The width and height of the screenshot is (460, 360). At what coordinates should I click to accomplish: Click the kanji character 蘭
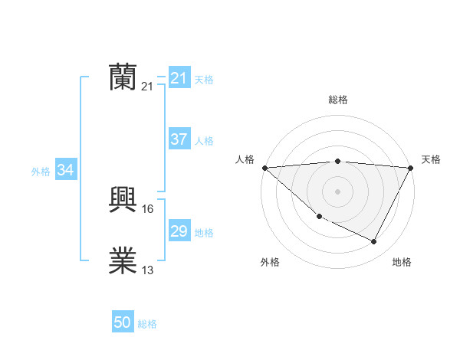123,77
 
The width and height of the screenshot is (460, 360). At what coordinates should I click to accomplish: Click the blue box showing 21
179,78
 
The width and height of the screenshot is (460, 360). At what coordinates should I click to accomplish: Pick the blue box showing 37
179,139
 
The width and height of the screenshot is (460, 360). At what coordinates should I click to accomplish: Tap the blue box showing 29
179,231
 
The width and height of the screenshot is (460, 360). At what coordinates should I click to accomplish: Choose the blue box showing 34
66,170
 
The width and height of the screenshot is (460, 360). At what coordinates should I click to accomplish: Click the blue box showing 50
123,322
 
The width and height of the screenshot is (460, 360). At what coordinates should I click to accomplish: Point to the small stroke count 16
148,209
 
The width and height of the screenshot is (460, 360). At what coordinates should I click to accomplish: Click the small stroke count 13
148,270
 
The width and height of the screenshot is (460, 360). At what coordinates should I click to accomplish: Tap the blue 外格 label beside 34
41,172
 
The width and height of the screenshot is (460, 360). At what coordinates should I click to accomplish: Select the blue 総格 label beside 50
147,324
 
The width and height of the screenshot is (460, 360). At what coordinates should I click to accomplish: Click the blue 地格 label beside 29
204,233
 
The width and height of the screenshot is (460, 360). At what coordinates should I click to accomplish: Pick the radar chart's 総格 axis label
338,100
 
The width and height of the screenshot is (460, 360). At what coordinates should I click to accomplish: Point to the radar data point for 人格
264,167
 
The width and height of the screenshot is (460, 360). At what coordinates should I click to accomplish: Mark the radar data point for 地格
374,242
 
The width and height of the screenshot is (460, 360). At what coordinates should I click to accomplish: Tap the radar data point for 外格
319,217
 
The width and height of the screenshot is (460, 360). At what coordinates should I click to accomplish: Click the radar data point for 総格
338,161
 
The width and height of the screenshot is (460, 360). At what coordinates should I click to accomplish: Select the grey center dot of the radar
338,191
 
